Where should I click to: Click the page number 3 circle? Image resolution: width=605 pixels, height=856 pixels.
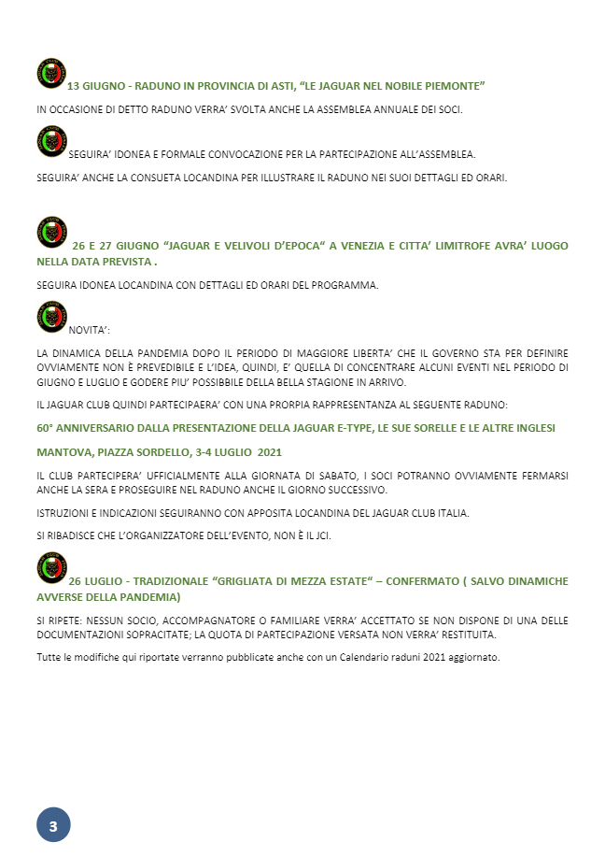point(53,825)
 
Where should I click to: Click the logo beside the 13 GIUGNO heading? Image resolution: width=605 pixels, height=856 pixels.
point(51,74)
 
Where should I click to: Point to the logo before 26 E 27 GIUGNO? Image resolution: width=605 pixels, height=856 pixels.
point(51,233)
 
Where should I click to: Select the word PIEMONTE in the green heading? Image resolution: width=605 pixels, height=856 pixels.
point(452,86)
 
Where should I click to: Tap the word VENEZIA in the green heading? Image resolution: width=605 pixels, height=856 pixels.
point(361,246)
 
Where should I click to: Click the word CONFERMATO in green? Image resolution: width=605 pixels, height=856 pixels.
point(419,581)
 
